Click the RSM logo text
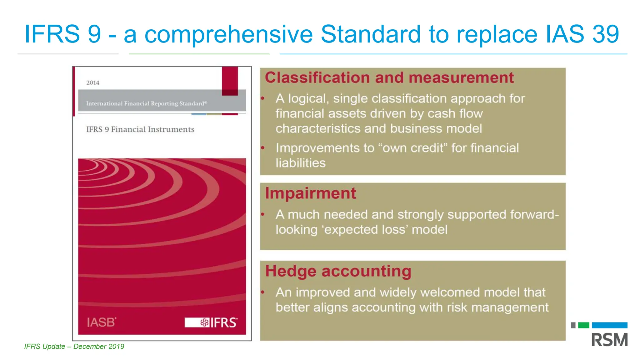[x=609, y=340]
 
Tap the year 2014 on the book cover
[x=93, y=83]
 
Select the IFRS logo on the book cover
[x=211, y=322]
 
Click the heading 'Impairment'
[x=310, y=193]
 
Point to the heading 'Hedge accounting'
[x=338, y=271]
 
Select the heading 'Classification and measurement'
[x=389, y=77]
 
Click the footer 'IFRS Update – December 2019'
[x=74, y=347]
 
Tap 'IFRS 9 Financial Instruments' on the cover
[x=140, y=129]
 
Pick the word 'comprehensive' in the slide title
[x=228, y=34]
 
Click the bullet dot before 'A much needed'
[x=263, y=214]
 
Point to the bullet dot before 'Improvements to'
[x=263, y=147]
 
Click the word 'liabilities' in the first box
[x=300, y=163]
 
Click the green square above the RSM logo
[x=583, y=325]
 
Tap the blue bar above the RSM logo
[x=609, y=325]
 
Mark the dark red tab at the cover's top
[x=230, y=81]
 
